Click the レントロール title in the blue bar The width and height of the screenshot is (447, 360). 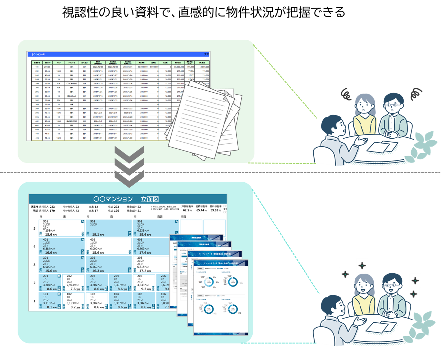tap(38, 54)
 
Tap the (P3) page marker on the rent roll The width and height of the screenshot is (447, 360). tap(206, 54)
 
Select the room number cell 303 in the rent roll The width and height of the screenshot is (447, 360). tap(37, 105)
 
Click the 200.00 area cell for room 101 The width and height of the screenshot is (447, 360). tap(47, 67)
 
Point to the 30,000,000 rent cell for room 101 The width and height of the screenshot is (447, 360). tap(142, 67)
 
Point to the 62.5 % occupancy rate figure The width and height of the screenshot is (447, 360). tap(187, 210)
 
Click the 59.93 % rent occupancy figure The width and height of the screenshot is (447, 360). tap(215, 210)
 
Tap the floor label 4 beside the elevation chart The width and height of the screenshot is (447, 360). tap(34, 247)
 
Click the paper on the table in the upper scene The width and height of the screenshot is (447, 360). tap(382, 147)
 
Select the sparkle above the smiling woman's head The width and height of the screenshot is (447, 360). tap(362, 265)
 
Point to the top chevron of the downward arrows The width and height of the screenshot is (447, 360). tap(129, 154)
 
